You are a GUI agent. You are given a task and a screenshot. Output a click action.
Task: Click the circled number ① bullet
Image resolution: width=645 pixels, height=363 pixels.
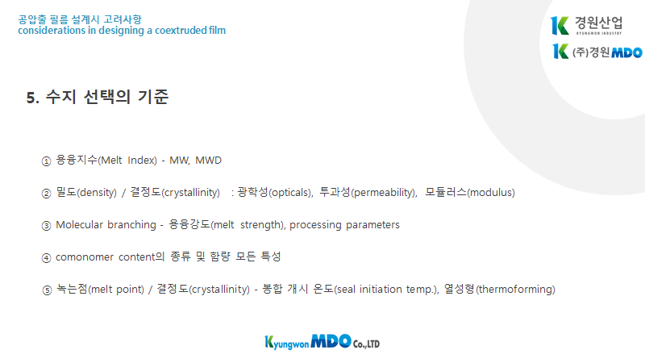click(x=46, y=161)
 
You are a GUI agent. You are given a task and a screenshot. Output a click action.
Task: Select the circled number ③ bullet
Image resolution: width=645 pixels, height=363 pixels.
click(x=46, y=226)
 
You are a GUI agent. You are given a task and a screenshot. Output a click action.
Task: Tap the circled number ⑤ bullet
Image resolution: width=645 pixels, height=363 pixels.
click(x=47, y=290)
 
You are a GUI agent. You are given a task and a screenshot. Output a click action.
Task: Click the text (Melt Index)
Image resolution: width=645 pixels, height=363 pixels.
click(x=127, y=160)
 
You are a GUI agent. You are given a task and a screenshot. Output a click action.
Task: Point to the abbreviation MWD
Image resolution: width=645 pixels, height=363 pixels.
click(x=208, y=160)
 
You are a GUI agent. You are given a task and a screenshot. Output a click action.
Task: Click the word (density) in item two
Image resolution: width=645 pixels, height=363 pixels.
click(x=97, y=193)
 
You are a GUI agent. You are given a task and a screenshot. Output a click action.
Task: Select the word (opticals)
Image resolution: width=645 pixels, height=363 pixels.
click(x=290, y=193)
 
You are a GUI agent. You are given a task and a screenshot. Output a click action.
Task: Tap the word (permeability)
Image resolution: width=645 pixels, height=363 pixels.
click(x=384, y=193)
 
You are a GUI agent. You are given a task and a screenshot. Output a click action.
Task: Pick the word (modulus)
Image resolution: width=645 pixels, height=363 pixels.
click(x=491, y=193)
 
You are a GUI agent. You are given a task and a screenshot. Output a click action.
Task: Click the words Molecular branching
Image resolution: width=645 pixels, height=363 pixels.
click(x=106, y=225)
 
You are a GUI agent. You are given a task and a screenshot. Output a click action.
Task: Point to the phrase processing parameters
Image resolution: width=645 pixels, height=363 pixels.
click(x=344, y=225)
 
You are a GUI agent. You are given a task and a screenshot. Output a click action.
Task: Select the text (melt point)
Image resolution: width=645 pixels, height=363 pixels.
click(x=116, y=290)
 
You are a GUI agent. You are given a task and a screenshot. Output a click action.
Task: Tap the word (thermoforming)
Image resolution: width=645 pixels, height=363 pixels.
click(x=515, y=290)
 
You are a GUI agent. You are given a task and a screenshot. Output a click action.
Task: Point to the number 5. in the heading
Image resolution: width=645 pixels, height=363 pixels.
click(x=33, y=98)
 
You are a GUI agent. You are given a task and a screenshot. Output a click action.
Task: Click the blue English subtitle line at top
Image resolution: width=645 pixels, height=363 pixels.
click(x=122, y=31)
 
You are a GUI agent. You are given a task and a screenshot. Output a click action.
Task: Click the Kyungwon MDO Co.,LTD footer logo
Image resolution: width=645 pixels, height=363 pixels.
click(x=322, y=342)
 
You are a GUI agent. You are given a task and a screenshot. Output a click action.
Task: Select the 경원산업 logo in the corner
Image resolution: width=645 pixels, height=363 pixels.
click(x=587, y=26)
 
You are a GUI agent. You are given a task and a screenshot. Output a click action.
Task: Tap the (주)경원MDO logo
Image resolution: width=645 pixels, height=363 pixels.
click(x=597, y=52)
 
